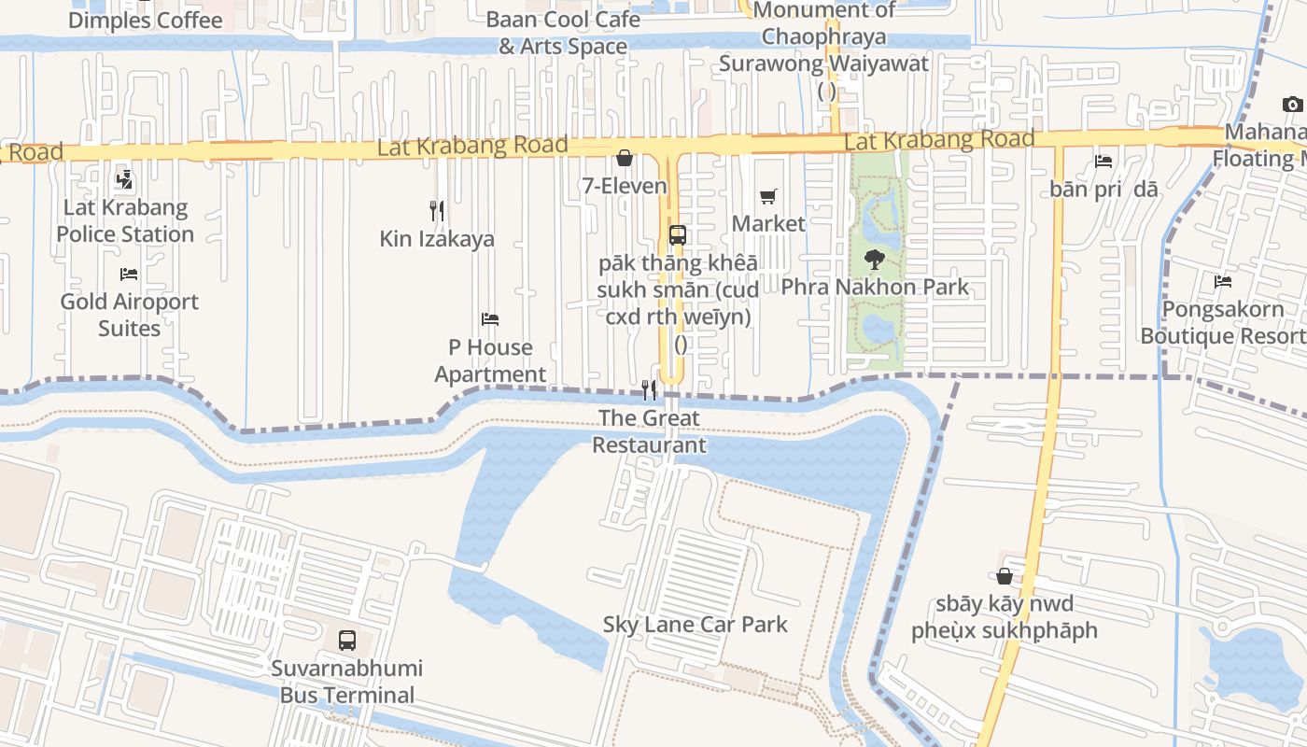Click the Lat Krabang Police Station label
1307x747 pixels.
tap(125, 220)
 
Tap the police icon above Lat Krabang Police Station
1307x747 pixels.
tap(123, 180)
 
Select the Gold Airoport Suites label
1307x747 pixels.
tap(130, 315)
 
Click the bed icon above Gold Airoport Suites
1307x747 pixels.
tap(129, 275)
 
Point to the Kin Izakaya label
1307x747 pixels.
tap(437, 239)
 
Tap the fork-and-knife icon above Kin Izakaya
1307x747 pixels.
tap(436, 211)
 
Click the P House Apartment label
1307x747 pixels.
tap(490, 360)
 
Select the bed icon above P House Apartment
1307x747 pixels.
tap(490, 319)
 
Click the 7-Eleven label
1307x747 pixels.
tap(625, 186)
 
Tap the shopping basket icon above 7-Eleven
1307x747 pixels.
tap(624, 159)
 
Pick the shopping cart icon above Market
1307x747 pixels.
tap(767, 197)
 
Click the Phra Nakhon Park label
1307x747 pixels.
tap(875, 287)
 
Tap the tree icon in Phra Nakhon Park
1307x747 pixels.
tap(875, 259)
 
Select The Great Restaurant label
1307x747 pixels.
tap(649, 430)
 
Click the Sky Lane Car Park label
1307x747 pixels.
tap(696, 625)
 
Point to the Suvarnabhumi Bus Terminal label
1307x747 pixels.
tap(346, 682)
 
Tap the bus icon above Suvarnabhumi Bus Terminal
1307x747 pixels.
tap(347, 641)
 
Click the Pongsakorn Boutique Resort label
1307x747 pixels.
tap(1223, 322)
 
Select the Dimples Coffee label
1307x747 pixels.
tap(146, 20)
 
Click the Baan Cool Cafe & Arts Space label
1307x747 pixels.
tap(563, 33)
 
